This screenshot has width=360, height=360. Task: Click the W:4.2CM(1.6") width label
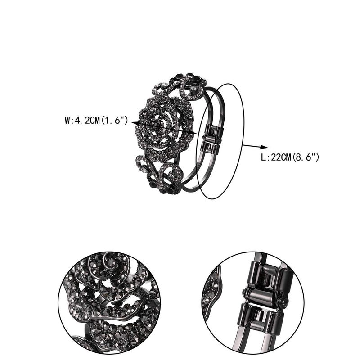(x=97, y=121)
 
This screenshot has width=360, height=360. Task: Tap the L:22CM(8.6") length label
(x=290, y=157)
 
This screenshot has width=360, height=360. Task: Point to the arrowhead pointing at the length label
(x=265, y=148)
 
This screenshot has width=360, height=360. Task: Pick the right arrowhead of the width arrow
(x=194, y=133)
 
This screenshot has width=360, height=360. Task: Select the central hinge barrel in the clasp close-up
(x=263, y=297)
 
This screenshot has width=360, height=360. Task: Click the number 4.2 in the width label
(x=79, y=121)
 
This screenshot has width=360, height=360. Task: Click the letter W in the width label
(x=67, y=121)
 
